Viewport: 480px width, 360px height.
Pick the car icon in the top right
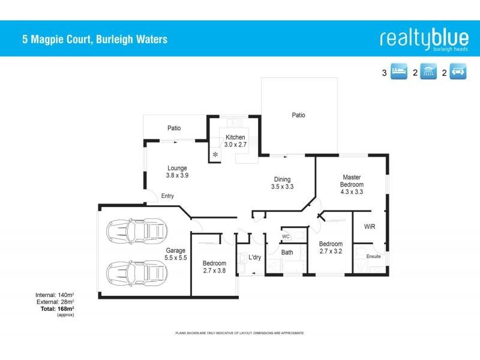(460, 73)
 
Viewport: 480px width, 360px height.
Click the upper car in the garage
(134, 231)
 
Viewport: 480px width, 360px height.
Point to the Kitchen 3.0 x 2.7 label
(235, 141)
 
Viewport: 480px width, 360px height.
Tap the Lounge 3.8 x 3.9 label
(177, 172)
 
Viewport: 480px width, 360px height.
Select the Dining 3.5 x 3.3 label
(282, 183)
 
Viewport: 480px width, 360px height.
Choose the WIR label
(370, 227)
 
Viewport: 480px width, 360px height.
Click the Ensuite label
(373, 256)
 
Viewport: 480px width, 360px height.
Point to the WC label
(286, 237)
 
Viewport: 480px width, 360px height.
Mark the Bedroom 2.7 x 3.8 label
(214, 267)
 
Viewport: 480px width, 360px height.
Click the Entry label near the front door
(167, 196)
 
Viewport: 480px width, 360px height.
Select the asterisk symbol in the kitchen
(215, 154)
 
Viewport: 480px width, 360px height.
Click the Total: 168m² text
(58, 308)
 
